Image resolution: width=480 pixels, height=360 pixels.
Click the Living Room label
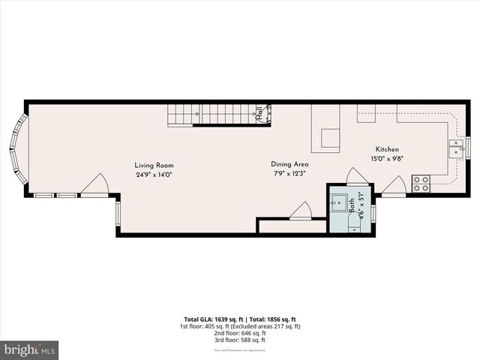[154, 166]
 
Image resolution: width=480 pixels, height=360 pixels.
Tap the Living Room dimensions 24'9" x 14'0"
[154, 175]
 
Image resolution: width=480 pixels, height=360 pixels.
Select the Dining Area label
[289, 164]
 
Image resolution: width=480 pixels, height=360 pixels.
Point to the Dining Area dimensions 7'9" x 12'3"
[289, 174]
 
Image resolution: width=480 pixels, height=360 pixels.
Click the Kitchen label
[387, 149]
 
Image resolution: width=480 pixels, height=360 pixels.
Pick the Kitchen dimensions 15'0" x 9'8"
[387, 159]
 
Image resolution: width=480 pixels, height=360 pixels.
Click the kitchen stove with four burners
[421, 182]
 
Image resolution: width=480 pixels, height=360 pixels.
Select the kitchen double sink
[456, 147]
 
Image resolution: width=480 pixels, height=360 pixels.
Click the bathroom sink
[340, 202]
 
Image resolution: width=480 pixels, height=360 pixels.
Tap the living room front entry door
[94, 185]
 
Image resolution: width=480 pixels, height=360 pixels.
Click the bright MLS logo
[30, 349]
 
